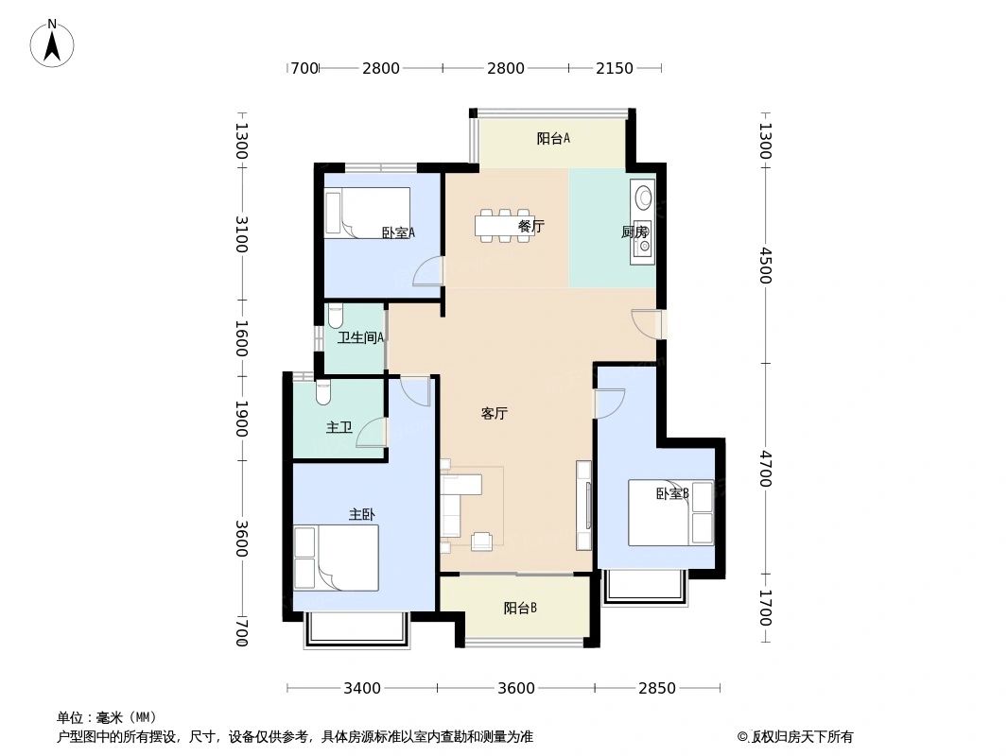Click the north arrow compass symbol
53,42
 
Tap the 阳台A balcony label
553,139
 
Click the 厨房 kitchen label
634,232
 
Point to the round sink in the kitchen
644,198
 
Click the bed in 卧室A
369,213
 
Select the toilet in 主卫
323,391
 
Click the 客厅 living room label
495,414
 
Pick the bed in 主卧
337,558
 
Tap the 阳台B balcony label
520,609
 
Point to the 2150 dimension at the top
615,68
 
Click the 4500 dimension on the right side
766,266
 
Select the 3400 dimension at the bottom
361,688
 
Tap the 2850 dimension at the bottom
656,688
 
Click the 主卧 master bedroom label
362,514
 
